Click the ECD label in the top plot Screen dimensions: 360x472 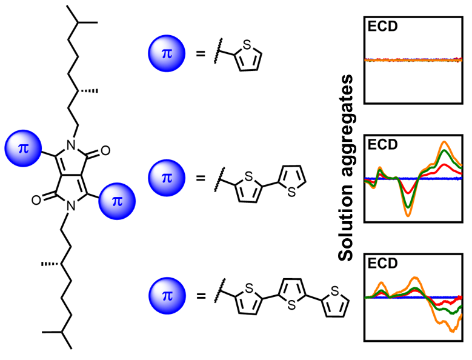click(x=379, y=26)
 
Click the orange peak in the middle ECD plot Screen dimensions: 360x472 click(x=445, y=142)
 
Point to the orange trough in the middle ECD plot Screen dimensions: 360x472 click(x=408, y=215)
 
